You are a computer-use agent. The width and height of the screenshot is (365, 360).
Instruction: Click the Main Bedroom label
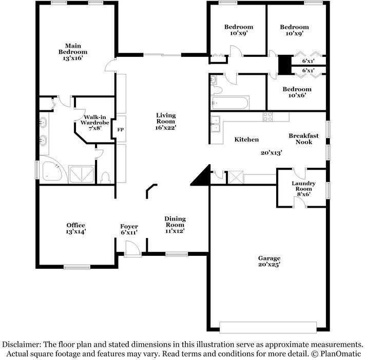click(72, 52)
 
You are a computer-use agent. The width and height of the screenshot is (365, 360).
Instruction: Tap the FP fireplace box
click(121, 130)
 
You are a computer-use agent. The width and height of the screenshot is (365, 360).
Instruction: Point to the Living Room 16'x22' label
click(166, 122)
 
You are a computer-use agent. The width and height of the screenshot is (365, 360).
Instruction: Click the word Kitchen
click(246, 139)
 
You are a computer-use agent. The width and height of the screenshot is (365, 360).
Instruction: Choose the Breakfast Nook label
click(303, 139)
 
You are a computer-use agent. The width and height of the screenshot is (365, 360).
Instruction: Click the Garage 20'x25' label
click(269, 262)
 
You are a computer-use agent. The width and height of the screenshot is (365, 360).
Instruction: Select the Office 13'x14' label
click(76, 228)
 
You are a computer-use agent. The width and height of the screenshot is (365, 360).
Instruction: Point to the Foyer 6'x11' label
click(129, 229)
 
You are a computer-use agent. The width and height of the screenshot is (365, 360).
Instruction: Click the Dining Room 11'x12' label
click(175, 225)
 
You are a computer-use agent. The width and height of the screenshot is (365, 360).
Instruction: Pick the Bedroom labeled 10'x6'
click(297, 92)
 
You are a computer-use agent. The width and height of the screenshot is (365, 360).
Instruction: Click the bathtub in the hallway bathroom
click(229, 103)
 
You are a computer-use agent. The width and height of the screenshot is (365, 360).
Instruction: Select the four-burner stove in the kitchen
click(268, 116)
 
